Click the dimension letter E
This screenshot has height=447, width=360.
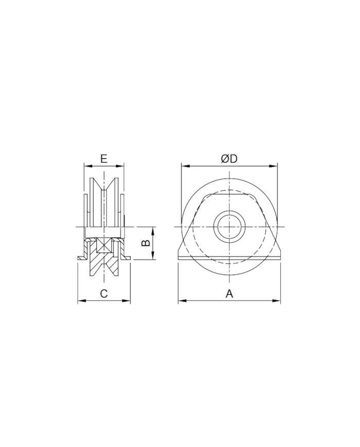[104, 158]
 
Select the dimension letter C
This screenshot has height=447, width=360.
[104, 293]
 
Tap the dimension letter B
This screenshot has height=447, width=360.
[146, 243]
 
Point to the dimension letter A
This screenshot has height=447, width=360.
[229, 293]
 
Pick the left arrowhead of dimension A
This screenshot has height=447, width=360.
[182, 300]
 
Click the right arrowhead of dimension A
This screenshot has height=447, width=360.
[277, 300]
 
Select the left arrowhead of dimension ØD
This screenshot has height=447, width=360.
[185, 166]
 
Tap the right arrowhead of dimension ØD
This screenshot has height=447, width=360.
[274, 166]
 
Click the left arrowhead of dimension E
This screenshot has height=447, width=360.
[88, 166]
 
